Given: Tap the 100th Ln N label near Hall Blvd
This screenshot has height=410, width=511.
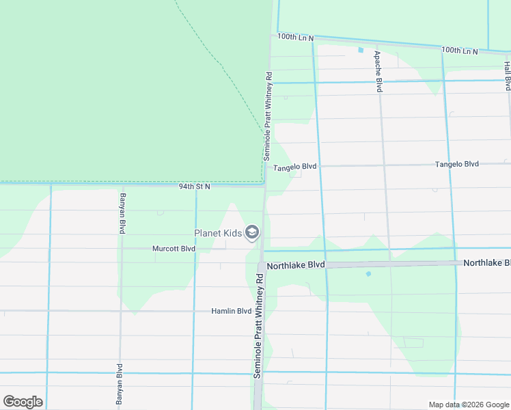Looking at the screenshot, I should click(460, 50).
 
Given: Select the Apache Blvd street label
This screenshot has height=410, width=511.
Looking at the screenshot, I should click(378, 71).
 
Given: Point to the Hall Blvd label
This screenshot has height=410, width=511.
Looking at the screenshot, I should click(508, 76).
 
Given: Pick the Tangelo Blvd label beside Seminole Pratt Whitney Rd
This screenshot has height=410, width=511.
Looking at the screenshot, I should click(295, 167).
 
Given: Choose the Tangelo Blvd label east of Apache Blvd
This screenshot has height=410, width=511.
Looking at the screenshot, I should click(457, 164).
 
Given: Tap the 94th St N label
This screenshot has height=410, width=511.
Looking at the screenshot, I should click(195, 186).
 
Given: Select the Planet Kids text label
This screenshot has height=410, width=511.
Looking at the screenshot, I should click(218, 233).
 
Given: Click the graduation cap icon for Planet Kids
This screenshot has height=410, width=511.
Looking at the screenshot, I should click(252, 233).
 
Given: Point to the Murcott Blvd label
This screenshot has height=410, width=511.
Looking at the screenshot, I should click(174, 249).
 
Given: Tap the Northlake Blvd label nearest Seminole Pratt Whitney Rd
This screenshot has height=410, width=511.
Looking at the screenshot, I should click(295, 264).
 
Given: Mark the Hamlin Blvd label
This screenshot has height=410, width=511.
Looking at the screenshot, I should click(232, 311).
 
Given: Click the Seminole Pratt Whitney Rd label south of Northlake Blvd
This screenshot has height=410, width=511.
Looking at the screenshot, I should click(258, 327).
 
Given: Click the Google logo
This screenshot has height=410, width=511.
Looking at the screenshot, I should click(23, 402).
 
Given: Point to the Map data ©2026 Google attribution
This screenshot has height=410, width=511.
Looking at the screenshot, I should click(469, 405).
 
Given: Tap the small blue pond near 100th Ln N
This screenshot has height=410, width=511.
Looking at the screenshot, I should click(361, 50).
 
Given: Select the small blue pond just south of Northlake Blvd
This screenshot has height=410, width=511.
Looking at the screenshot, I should click(368, 274).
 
